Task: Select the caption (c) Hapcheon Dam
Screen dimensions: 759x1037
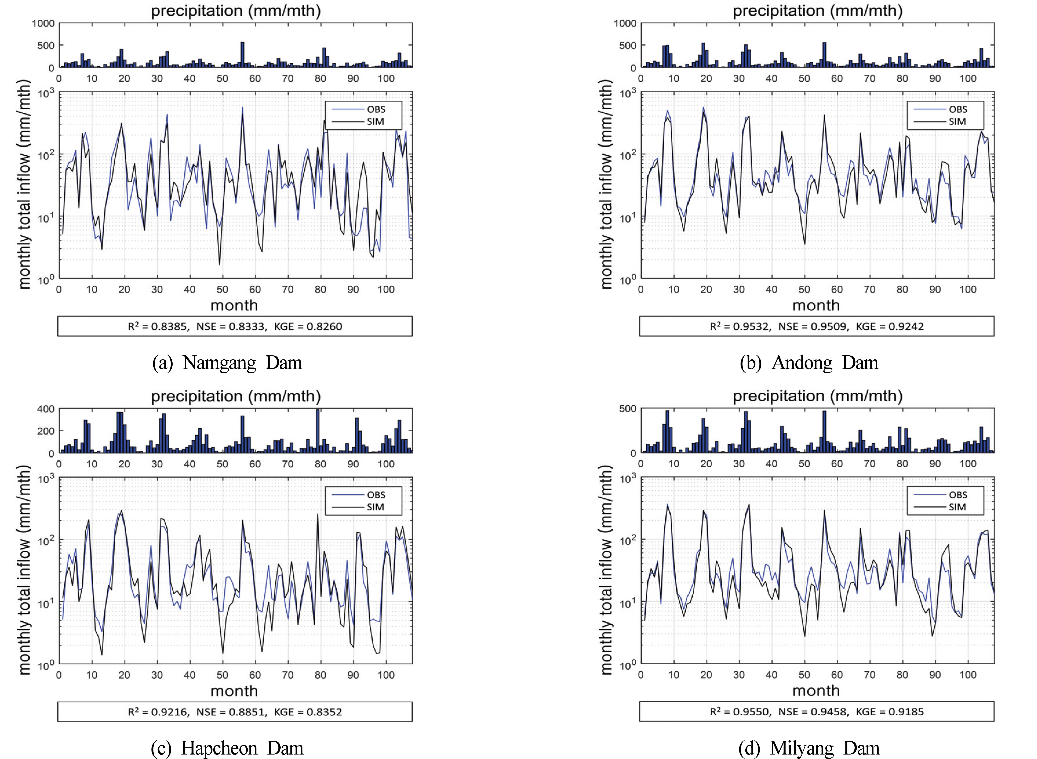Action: pyautogui.click(x=227, y=748)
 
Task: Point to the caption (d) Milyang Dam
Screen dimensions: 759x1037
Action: pyautogui.click(x=809, y=748)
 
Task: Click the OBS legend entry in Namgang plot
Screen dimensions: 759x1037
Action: pyautogui.click(x=375, y=109)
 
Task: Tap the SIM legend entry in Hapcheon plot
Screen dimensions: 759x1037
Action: pyautogui.click(x=375, y=507)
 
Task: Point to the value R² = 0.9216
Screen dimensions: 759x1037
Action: pyautogui.click(x=158, y=712)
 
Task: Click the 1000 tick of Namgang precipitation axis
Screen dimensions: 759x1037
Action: pyautogui.click(x=43, y=23)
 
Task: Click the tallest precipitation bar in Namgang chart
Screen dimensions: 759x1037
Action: pyautogui.click(x=242, y=55)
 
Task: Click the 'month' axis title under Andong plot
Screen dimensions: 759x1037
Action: pyautogui.click(x=816, y=306)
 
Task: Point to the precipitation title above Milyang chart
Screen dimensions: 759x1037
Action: pyautogui.click(x=817, y=396)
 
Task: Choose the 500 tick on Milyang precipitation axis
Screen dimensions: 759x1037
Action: pyautogui.click(x=628, y=409)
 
